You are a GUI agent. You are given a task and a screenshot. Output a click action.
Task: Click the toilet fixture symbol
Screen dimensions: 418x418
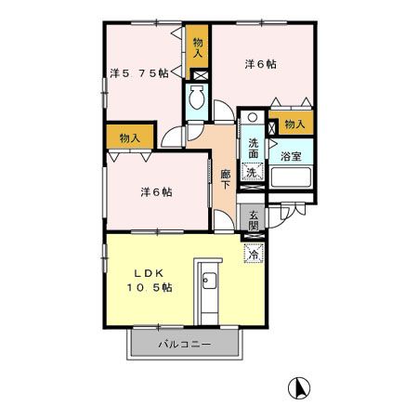pyautogui.click(x=197, y=97)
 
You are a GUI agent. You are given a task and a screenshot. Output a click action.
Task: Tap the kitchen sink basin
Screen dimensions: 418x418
pyautogui.click(x=210, y=281)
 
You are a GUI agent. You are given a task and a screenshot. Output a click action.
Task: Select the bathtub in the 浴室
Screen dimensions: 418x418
pyautogui.click(x=291, y=177)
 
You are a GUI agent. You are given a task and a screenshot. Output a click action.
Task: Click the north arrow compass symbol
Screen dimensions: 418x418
pyautogui.click(x=299, y=388)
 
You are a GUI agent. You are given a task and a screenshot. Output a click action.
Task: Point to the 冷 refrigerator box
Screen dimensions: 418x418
pyautogui.click(x=254, y=254)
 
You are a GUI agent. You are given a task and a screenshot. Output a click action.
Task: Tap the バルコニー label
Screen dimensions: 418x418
pyautogui.click(x=185, y=344)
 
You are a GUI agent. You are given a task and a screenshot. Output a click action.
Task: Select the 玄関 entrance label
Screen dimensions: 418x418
pyautogui.click(x=254, y=220)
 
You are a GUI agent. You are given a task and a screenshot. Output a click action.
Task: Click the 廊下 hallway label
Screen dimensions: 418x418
pyautogui.click(x=226, y=179)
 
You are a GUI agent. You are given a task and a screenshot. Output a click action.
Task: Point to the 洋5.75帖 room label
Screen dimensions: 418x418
pyautogui.click(x=139, y=73)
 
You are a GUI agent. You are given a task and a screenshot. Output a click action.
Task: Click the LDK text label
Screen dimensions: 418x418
pyautogui.click(x=149, y=273)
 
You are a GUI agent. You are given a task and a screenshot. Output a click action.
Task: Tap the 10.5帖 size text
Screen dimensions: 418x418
pyautogui.click(x=150, y=288)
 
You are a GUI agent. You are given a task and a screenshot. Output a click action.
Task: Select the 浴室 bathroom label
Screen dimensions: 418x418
pyautogui.click(x=291, y=156)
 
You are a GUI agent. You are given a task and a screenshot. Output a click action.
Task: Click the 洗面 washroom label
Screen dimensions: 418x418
pyautogui.click(x=254, y=149)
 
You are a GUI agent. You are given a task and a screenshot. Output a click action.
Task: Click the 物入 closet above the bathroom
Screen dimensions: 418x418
pyautogui.click(x=294, y=124)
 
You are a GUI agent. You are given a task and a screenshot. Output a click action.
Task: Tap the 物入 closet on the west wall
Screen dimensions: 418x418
pyautogui.click(x=130, y=137)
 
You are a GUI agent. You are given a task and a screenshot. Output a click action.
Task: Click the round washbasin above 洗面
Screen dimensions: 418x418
pyautogui.click(x=253, y=117)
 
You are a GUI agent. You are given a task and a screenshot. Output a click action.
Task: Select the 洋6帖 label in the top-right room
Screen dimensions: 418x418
pyautogui.click(x=261, y=64)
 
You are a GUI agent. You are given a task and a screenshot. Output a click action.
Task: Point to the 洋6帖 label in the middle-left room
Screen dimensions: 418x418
pyautogui.click(x=156, y=192)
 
